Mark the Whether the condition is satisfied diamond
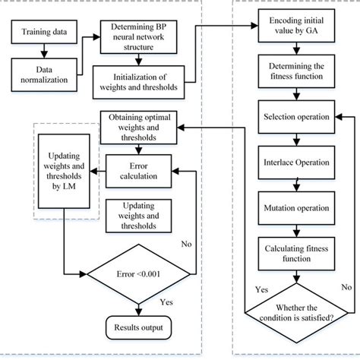[x=293, y=309]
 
